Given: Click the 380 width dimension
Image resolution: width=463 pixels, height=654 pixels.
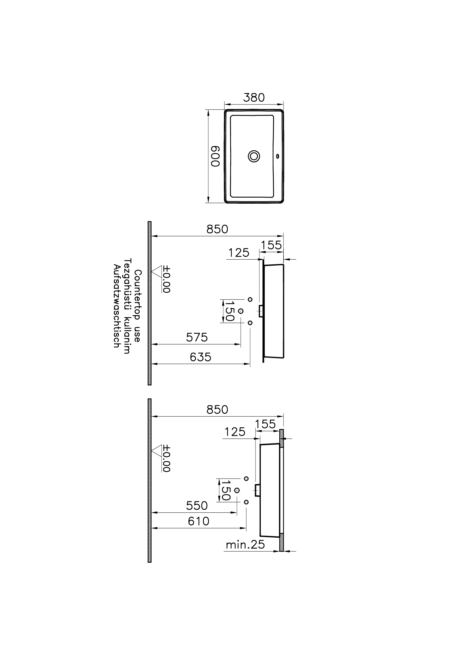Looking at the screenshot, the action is [254, 97].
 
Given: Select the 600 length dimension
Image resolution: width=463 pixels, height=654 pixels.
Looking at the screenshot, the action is [215, 156].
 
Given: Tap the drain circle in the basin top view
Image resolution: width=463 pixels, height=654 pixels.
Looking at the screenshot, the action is [254, 156].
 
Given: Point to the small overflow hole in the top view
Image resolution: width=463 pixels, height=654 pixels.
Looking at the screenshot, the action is [277, 156].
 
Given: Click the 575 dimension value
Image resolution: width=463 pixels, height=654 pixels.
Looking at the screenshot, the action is [197, 338].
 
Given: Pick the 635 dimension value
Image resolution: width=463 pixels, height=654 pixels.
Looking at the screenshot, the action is [200, 357].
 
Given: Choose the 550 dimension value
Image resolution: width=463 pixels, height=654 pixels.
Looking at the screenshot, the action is [197, 506].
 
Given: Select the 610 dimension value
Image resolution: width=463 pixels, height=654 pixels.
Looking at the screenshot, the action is [199, 521].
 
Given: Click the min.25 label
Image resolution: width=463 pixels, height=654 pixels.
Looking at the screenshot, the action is [245, 545].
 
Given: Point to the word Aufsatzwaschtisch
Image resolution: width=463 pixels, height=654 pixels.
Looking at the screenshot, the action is [116, 306].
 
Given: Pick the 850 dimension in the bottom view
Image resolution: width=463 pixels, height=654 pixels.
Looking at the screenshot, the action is [217, 410].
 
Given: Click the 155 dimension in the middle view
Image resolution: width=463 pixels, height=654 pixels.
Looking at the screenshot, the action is [271, 245].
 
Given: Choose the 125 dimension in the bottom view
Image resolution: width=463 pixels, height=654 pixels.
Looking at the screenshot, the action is [235, 432].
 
